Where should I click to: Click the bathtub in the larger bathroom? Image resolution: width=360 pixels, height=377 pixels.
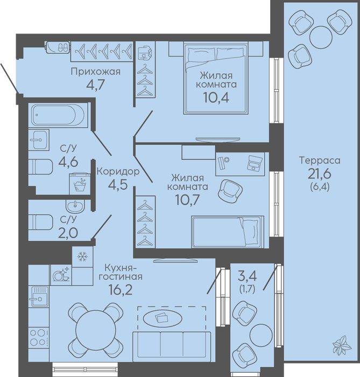pyautogui.click(x=58, y=115)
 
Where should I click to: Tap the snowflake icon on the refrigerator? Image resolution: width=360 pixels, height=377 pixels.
pyautogui.click(x=82, y=257)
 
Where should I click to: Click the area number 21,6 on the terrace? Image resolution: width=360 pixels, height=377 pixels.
pyautogui.click(x=320, y=173)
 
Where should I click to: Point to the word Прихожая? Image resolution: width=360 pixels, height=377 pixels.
pyautogui.click(x=96, y=72)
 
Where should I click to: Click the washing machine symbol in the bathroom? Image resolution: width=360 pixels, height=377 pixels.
pyautogui.click(x=80, y=184)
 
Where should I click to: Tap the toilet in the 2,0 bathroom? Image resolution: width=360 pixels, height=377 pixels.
pyautogui.click(x=40, y=222)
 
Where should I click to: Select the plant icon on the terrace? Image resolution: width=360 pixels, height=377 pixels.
pyautogui.click(x=342, y=345)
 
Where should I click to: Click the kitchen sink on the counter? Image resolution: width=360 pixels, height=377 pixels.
pyautogui.click(x=38, y=296)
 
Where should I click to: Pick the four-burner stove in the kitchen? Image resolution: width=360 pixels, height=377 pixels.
pyautogui.click(x=39, y=337)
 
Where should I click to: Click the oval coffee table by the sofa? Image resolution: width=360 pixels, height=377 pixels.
pyautogui.click(x=162, y=318)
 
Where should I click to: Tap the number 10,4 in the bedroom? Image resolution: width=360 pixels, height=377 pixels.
pyautogui.click(x=216, y=97)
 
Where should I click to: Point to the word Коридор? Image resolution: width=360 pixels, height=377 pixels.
pyautogui.click(x=118, y=172)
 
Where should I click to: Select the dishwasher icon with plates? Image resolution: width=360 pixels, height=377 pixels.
pyautogui.click(x=61, y=275)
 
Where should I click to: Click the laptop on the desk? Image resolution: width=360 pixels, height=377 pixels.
pyautogui.click(x=255, y=163)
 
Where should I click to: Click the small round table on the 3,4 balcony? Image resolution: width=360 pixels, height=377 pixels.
pyautogui.click(x=261, y=335)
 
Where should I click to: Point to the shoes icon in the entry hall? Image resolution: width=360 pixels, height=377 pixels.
pyautogui.click(x=63, y=47)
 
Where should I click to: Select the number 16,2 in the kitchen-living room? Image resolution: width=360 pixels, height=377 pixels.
pyautogui.click(x=121, y=290)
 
